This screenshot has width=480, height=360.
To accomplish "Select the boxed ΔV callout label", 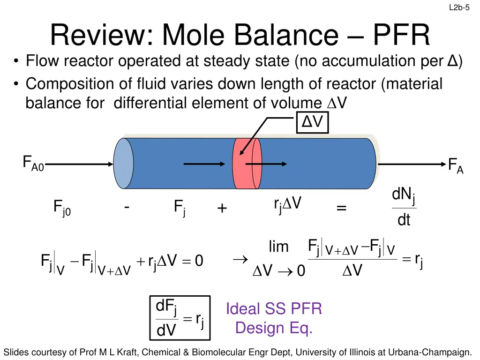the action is pyautogui.click(x=312, y=123).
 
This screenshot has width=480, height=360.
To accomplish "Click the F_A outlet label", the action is pyautogui.click(x=455, y=165).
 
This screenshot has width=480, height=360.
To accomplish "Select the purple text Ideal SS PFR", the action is pyautogui.click(x=274, y=309).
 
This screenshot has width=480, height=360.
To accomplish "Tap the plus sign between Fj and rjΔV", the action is pyautogui.click(x=222, y=209).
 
